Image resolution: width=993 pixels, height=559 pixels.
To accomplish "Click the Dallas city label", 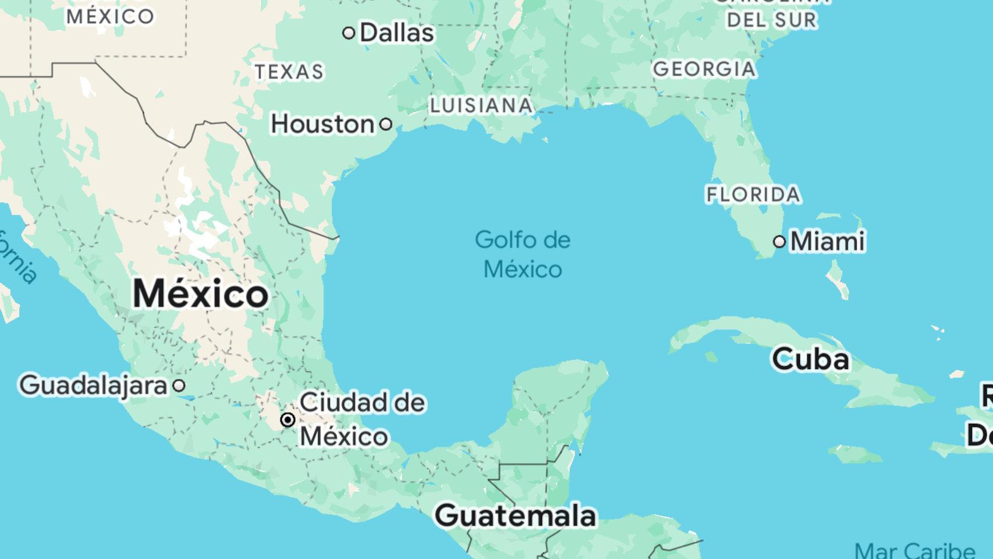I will (397, 33).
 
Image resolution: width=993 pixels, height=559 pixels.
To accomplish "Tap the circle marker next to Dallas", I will (349, 33).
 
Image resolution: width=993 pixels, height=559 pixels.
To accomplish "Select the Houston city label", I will (322, 124).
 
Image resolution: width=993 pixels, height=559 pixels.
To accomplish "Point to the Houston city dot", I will (386, 124).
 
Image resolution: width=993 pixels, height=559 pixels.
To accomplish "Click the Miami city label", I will (827, 241).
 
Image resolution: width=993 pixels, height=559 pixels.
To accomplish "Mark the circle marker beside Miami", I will (779, 242).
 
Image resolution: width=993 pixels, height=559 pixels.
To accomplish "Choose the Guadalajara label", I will (93, 385).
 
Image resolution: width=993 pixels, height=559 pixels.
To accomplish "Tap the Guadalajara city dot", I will (179, 385).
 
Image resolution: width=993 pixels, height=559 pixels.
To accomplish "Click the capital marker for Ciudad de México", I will (288, 420).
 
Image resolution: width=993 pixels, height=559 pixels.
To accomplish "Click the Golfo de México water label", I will (523, 254).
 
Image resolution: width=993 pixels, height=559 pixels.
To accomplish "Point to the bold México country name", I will (201, 293).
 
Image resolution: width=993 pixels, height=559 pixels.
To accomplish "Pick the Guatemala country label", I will (516, 515).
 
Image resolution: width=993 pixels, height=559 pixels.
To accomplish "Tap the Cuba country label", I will (810, 359).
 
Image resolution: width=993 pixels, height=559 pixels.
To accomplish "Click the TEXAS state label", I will (289, 72).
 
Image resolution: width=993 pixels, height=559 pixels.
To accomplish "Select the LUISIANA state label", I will (481, 105).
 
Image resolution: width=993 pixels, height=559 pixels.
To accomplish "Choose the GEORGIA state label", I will (704, 69).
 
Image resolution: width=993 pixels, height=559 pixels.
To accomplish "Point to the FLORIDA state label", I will (753, 194).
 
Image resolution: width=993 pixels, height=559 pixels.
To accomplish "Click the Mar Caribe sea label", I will (914, 550).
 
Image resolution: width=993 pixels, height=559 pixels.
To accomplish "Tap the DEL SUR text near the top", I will (772, 20).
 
